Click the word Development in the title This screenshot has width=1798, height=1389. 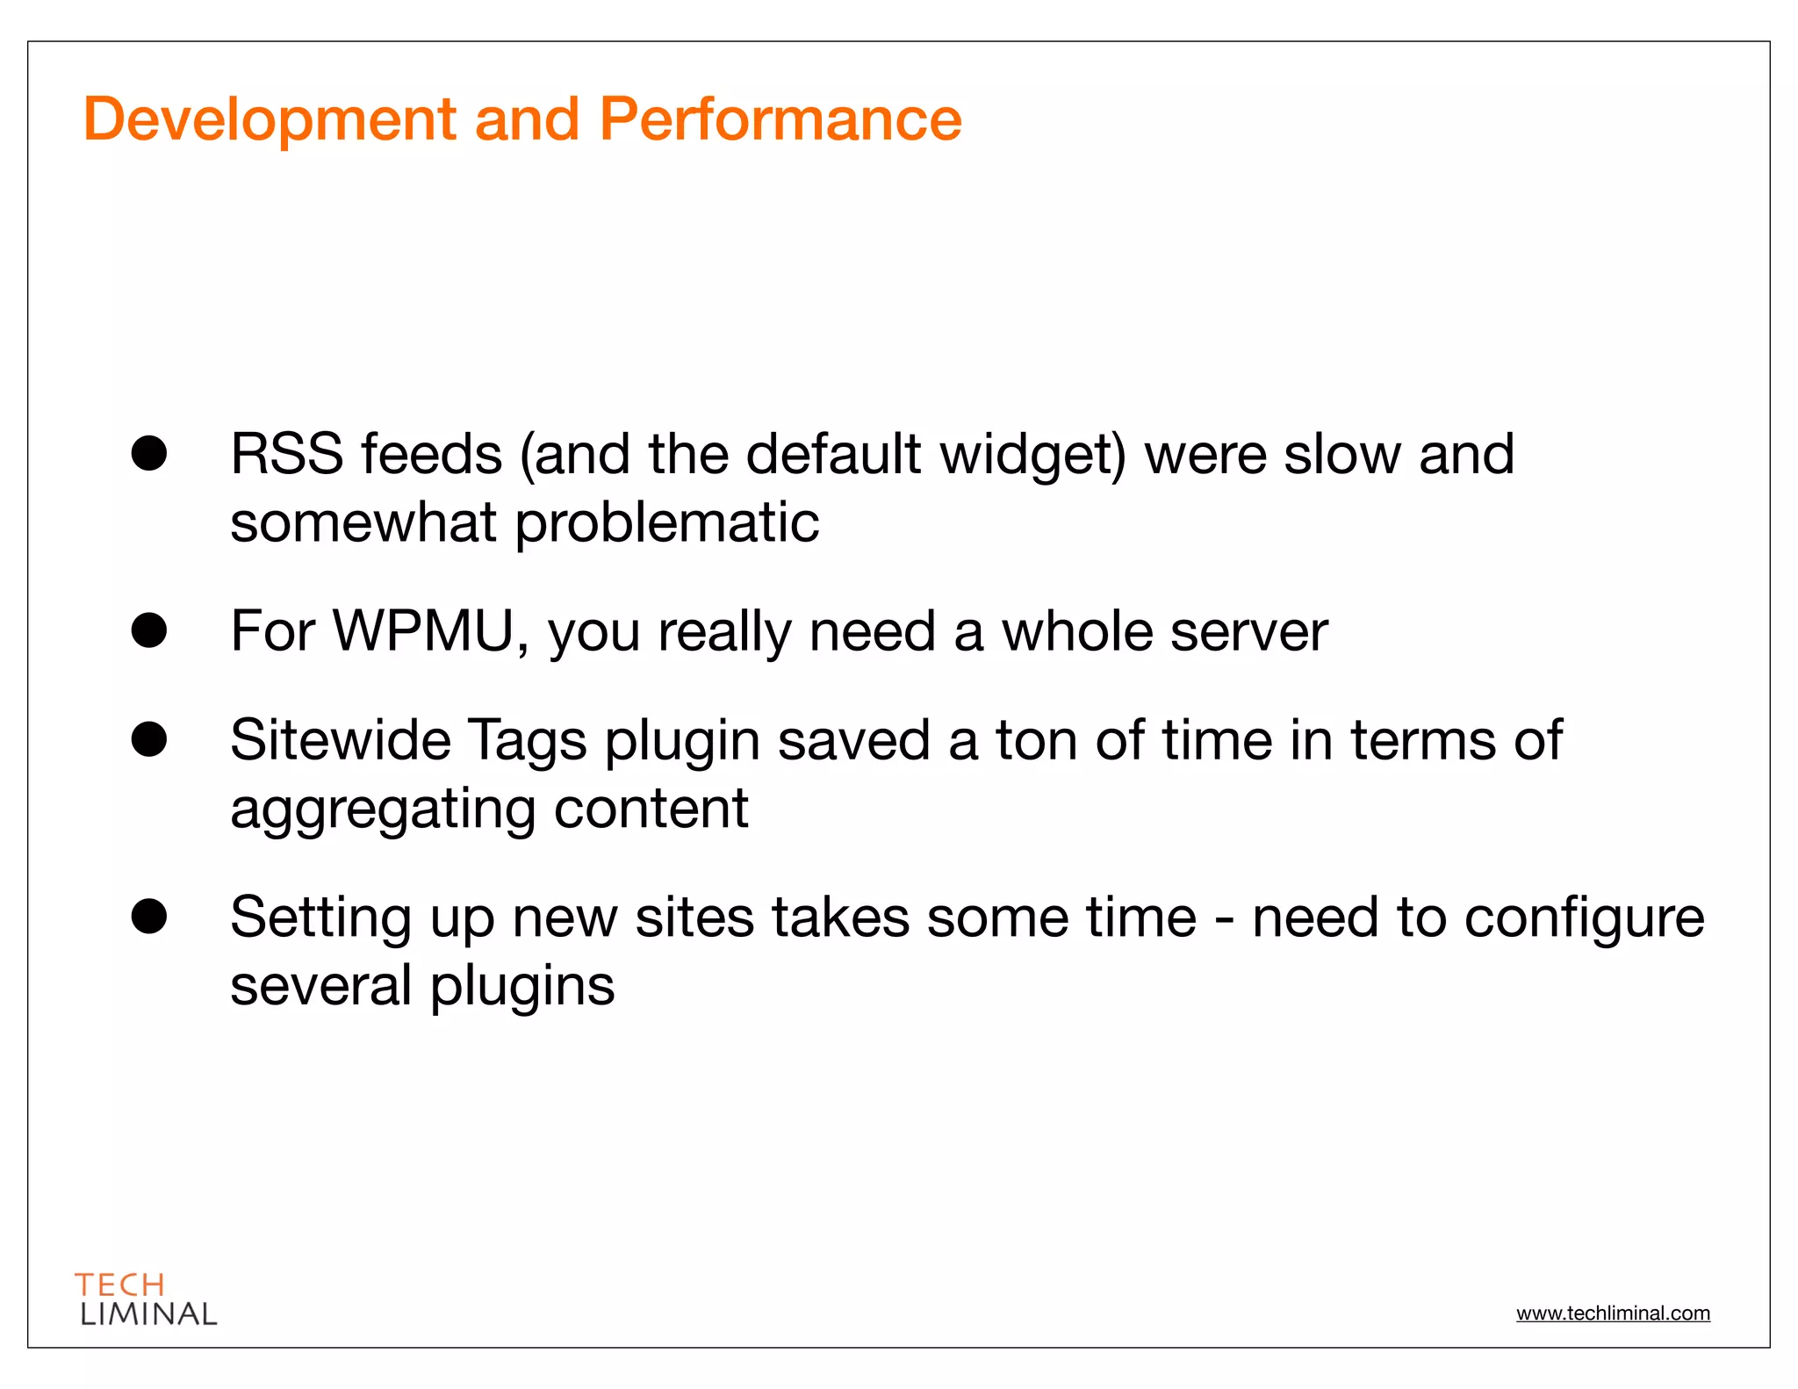click(x=270, y=119)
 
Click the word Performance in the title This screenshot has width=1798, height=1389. click(x=780, y=119)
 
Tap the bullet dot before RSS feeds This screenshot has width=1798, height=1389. click(x=149, y=453)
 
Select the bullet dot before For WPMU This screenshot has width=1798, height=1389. click(x=149, y=630)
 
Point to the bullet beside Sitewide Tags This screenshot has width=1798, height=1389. click(x=149, y=739)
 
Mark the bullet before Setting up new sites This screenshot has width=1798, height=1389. click(x=149, y=917)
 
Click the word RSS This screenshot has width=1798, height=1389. click(x=286, y=455)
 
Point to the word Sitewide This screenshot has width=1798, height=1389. click(x=341, y=740)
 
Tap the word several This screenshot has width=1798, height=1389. click(x=321, y=986)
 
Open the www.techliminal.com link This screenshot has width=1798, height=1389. click(x=1613, y=1313)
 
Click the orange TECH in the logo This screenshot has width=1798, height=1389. click(x=120, y=1285)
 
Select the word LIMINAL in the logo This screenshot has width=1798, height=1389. click(x=148, y=1314)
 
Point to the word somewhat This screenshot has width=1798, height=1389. click(x=363, y=523)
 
